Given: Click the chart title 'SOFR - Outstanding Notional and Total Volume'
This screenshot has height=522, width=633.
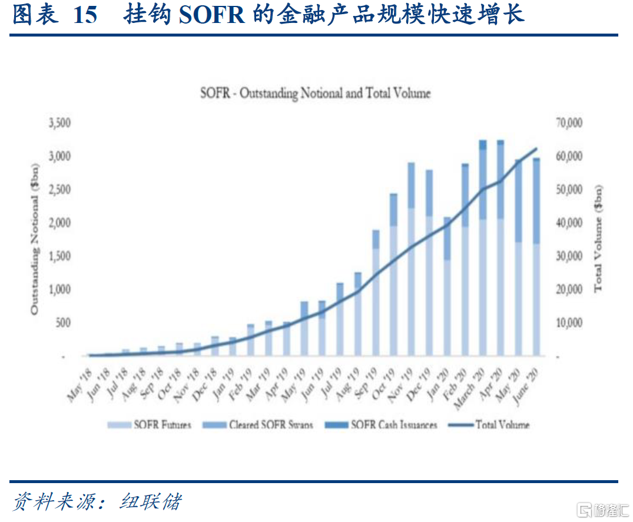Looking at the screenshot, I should point(316,93).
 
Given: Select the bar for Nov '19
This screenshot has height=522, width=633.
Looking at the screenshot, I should point(411,259).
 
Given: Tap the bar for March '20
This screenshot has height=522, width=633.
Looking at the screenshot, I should point(483,247).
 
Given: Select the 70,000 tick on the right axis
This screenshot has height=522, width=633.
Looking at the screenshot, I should point(568,123).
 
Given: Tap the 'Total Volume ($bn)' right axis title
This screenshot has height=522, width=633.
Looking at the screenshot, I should point(598,239).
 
